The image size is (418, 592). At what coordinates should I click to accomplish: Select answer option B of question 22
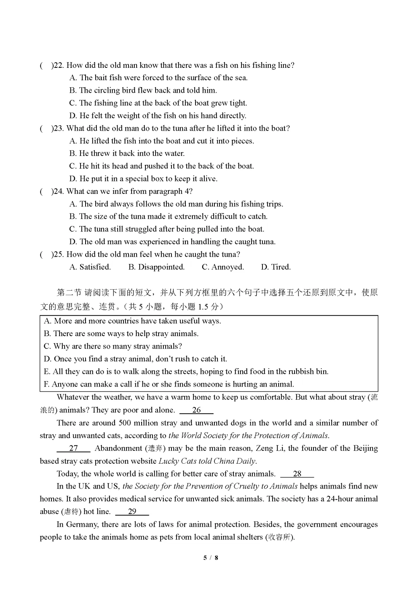[x=143, y=90]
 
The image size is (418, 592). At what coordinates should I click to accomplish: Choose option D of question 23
[x=143, y=179]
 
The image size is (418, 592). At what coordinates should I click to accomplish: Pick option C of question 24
[x=167, y=229]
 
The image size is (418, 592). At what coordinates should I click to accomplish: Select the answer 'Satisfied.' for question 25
[x=90, y=267]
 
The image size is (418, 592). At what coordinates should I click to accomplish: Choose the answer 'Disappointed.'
[x=156, y=267]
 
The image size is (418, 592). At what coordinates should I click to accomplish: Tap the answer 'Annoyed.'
[x=223, y=267]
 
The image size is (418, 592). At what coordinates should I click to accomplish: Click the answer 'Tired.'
[x=276, y=267]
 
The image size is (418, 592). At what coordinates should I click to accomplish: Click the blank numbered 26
[x=197, y=410]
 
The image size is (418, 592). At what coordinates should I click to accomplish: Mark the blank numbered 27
[x=74, y=449]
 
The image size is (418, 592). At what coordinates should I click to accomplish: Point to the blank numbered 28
[x=297, y=474]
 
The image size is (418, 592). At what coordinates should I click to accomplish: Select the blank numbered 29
[x=132, y=512]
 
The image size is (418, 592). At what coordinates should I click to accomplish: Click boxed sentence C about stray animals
[x=113, y=346]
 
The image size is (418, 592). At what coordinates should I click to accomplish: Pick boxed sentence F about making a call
[x=169, y=384]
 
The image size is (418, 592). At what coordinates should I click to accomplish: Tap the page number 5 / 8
[x=211, y=558]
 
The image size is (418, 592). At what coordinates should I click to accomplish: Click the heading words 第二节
[x=69, y=293]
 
